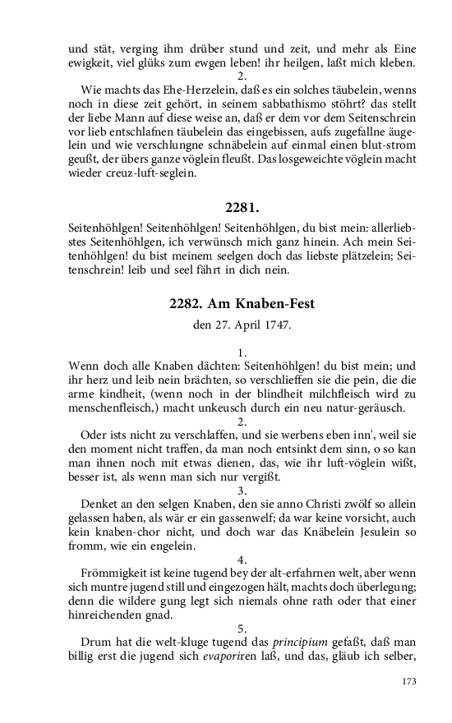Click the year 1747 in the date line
pyautogui.click(x=275, y=325)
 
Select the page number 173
pyautogui.click(x=410, y=680)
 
